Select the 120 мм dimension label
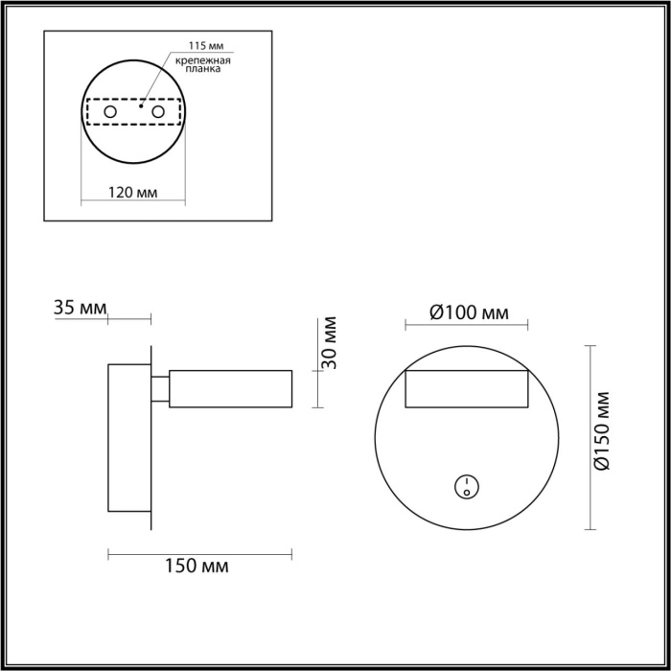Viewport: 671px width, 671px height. point(132,192)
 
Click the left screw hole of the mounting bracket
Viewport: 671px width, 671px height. point(110,113)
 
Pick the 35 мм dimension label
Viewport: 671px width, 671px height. point(80,308)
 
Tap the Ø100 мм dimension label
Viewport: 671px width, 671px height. point(467,312)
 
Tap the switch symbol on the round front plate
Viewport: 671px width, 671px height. point(466,487)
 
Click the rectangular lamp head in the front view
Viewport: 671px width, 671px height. point(466,390)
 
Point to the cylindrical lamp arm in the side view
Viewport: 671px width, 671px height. point(231,388)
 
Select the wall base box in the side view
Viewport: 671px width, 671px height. point(128,436)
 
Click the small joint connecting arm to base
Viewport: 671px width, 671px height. point(160,388)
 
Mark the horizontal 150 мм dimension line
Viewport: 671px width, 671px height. point(200,551)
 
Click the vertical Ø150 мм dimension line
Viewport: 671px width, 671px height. point(589,436)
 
